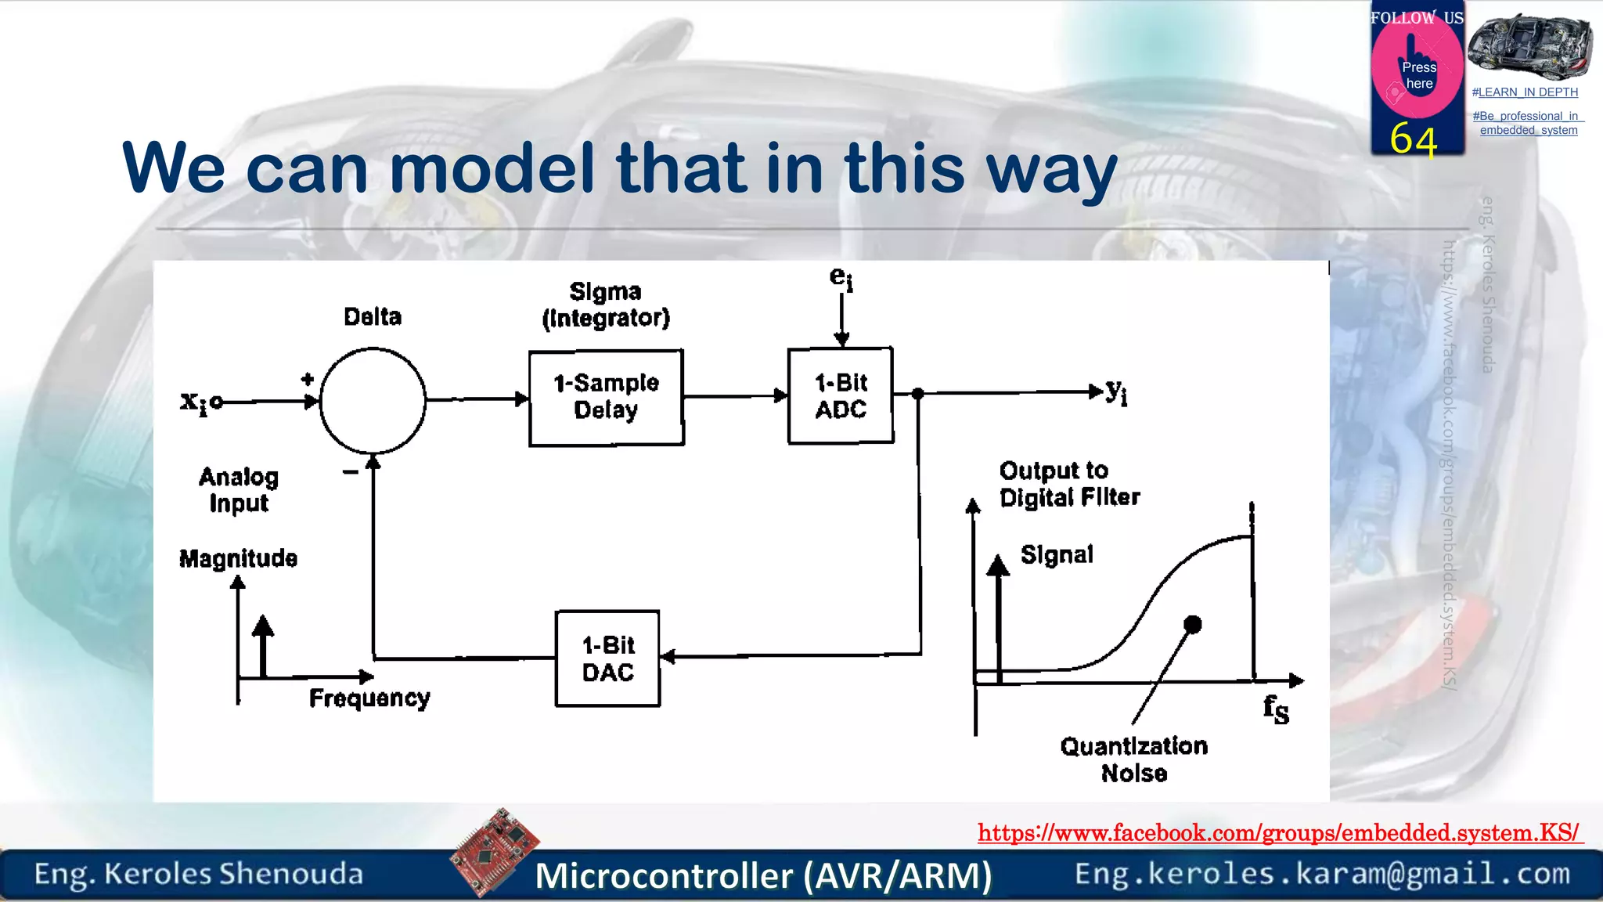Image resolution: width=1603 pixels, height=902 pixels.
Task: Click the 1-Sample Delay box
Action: pyautogui.click(x=606, y=398)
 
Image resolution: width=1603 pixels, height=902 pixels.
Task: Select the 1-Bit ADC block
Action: pyautogui.click(x=841, y=395)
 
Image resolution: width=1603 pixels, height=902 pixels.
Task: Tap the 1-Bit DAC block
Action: pyautogui.click(x=607, y=658)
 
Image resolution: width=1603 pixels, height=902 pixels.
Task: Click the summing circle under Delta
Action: pyautogui.click(x=373, y=401)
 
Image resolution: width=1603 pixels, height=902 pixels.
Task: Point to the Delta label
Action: pyautogui.click(x=373, y=317)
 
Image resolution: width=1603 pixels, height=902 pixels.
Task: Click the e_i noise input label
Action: pyautogui.click(x=841, y=278)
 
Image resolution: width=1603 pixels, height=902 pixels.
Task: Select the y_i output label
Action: pyautogui.click(x=1117, y=391)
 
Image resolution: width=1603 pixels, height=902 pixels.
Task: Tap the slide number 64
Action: pyautogui.click(x=1414, y=141)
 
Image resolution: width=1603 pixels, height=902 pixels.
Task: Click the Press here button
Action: pyautogui.click(x=1417, y=75)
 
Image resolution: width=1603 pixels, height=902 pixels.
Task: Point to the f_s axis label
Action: pyautogui.click(x=1276, y=709)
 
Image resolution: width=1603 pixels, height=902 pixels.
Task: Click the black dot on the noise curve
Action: pyautogui.click(x=1192, y=624)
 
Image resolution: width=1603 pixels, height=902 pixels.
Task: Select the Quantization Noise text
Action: pyautogui.click(x=1133, y=759)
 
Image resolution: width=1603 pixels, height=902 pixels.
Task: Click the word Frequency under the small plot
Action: pyautogui.click(x=369, y=698)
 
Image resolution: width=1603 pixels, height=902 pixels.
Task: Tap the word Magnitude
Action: pyautogui.click(x=238, y=558)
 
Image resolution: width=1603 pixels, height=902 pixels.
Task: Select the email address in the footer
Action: pyautogui.click(x=1322, y=874)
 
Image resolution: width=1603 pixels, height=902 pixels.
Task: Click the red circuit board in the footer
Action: pyautogui.click(x=495, y=851)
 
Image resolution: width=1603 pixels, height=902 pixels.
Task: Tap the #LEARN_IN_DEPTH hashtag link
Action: pyautogui.click(x=1525, y=92)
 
